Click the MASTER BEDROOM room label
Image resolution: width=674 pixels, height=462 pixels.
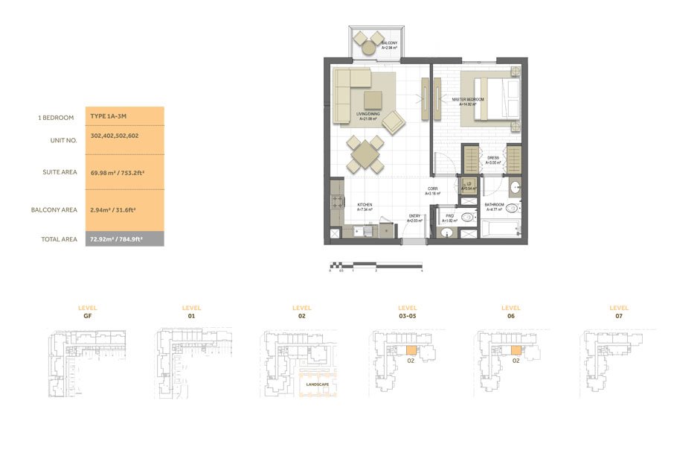pos(468,101)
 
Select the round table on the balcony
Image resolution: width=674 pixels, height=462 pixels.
pos(368,45)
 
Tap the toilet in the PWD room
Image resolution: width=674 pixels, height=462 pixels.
pos(466,218)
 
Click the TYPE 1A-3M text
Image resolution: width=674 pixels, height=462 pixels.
pos(109,117)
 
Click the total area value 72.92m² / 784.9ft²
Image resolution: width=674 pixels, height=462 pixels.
pos(117,239)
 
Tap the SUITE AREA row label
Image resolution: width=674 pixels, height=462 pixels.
pos(60,172)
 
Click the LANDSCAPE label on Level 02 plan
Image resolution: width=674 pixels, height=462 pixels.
pos(316,384)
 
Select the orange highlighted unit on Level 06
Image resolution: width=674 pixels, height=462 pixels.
pos(515,351)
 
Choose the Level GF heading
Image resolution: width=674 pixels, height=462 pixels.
pos(87,312)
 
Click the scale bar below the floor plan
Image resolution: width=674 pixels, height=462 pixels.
pos(376,264)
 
